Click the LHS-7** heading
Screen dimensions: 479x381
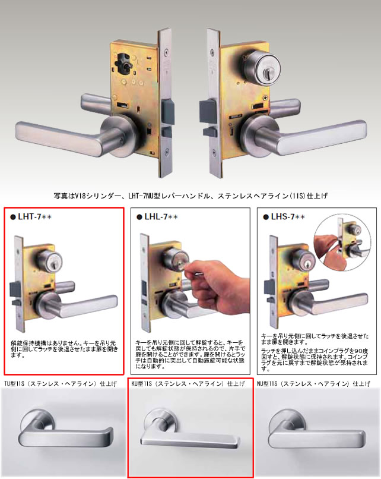287,218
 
